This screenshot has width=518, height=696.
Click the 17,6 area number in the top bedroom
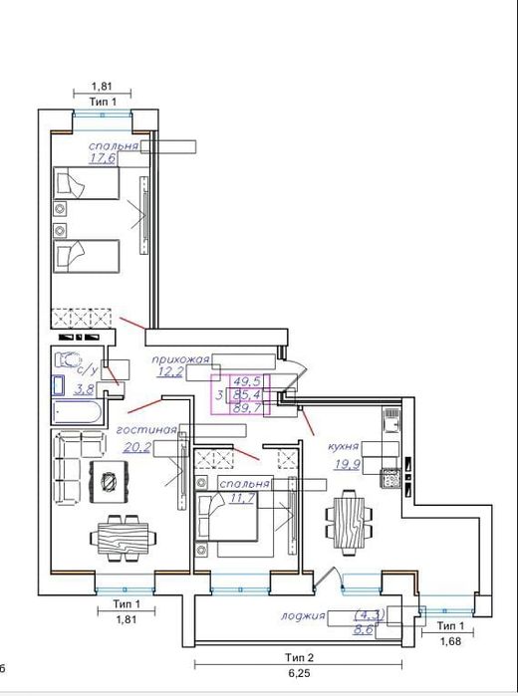click(x=103, y=158)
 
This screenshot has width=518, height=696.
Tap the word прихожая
click(x=180, y=359)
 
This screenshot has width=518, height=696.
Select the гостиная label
click(x=146, y=430)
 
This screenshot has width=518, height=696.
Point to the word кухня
click(x=343, y=446)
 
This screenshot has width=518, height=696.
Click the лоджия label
click(x=303, y=616)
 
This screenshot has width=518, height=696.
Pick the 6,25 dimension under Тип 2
click(x=299, y=673)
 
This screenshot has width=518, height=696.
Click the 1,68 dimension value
click(x=450, y=641)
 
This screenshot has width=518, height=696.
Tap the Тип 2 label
click(x=300, y=657)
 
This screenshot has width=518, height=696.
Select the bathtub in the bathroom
click(x=78, y=413)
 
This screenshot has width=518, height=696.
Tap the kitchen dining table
click(x=349, y=523)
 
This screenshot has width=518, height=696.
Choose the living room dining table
click(x=124, y=538)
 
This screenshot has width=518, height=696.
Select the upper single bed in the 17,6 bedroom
click(x=87, y=183)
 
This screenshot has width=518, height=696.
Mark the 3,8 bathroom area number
click(x=84, y=389)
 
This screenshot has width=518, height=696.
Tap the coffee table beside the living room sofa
click(x=109, y=482)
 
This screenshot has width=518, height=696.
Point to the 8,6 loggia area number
click(x=363, y=630)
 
